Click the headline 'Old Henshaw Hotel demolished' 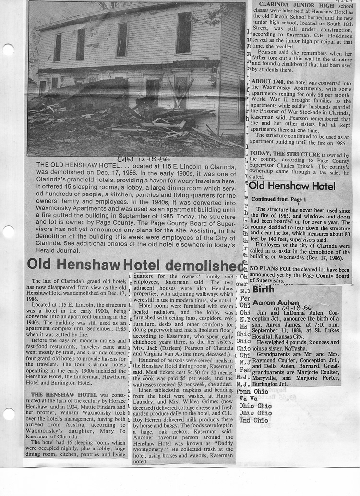(135, 264)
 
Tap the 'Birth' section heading (264, 290)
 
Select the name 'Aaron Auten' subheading (269, 303)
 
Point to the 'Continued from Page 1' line (278, 199)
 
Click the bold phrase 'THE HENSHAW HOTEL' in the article (59, 394)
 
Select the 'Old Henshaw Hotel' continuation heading (292, 186)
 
